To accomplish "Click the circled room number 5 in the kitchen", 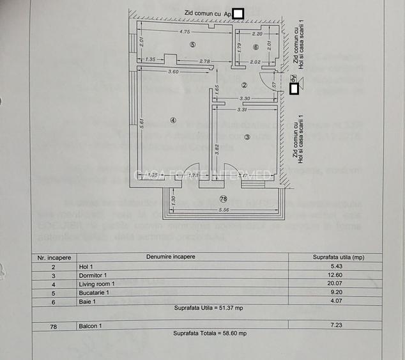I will [x=192, y=43].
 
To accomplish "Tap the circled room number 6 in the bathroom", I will [x=256, y=47].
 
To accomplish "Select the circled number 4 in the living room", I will [x=173, y=120].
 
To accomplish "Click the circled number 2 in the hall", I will [x=243, y=84].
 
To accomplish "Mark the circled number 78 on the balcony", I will [x=223, y=199].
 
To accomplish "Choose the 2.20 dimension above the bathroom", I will [x=257, y=33].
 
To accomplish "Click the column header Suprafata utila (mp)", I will [x=339, y=256].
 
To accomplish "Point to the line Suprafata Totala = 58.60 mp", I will [x=210, y=334].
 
